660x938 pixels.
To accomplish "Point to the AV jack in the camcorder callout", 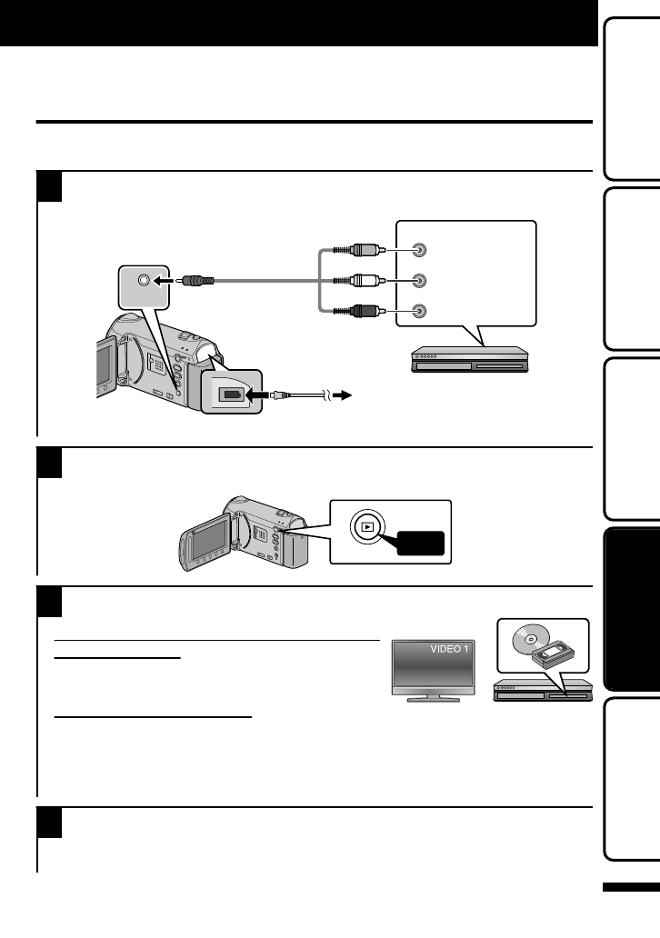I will [x=143, y=281].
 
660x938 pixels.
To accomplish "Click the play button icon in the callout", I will [x=366, y=525].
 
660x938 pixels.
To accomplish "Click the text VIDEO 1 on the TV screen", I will [x=448, y=650].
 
